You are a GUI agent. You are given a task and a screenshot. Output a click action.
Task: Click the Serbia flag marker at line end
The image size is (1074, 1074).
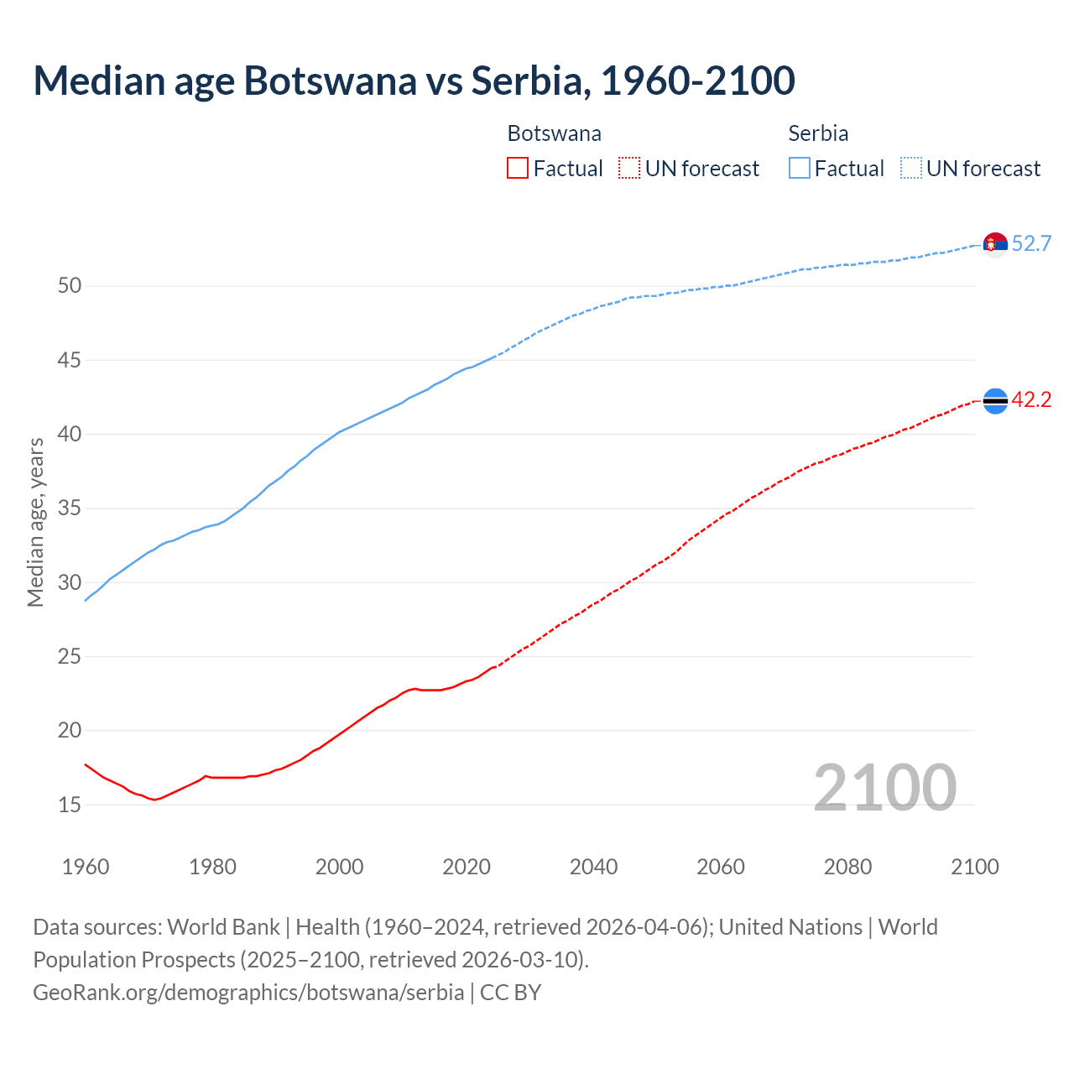coord(995,244)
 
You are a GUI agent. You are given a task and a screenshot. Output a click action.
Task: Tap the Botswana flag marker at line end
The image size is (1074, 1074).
coord(995,401)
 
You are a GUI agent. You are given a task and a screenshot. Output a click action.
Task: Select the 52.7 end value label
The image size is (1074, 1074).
coord(1031,244)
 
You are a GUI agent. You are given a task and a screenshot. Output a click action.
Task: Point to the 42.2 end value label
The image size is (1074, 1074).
coord(1031,400)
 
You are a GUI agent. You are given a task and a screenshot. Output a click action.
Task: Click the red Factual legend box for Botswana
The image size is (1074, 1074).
coord(518,169)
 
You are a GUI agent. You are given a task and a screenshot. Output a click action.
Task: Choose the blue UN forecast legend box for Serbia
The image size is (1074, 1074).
coord(911,169)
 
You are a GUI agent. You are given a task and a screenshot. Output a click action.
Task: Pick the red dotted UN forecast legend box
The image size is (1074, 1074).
coord(629,169)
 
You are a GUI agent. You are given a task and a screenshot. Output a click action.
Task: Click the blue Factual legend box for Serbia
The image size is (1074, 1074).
coord(800,169)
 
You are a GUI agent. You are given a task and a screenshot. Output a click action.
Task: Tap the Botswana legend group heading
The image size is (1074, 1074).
coord(554,133)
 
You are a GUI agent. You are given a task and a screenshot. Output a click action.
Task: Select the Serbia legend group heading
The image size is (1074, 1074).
coord(818,133)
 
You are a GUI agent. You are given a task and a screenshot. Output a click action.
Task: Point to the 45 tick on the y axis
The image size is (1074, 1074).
coord(70,361)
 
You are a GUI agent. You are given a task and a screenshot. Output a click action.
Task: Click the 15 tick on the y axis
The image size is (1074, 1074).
coord(70,805)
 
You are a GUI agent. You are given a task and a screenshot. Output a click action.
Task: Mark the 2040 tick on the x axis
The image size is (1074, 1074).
coord(593,867)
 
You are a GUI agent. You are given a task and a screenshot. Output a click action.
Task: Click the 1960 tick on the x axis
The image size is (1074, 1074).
coord(86,867)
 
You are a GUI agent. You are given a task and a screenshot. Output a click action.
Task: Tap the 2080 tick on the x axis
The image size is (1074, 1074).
coord(847,867)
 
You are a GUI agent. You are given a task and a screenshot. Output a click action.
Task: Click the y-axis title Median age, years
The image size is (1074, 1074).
coord(35,522)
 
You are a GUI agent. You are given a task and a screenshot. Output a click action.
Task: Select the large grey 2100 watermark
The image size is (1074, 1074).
coord(884,787)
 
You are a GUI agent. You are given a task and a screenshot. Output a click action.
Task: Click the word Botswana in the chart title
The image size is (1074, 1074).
coord(330,81)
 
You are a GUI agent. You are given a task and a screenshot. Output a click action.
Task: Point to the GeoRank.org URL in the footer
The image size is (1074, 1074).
coord(248,993)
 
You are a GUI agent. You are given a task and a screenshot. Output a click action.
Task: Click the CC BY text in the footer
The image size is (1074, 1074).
coord(510,993)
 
